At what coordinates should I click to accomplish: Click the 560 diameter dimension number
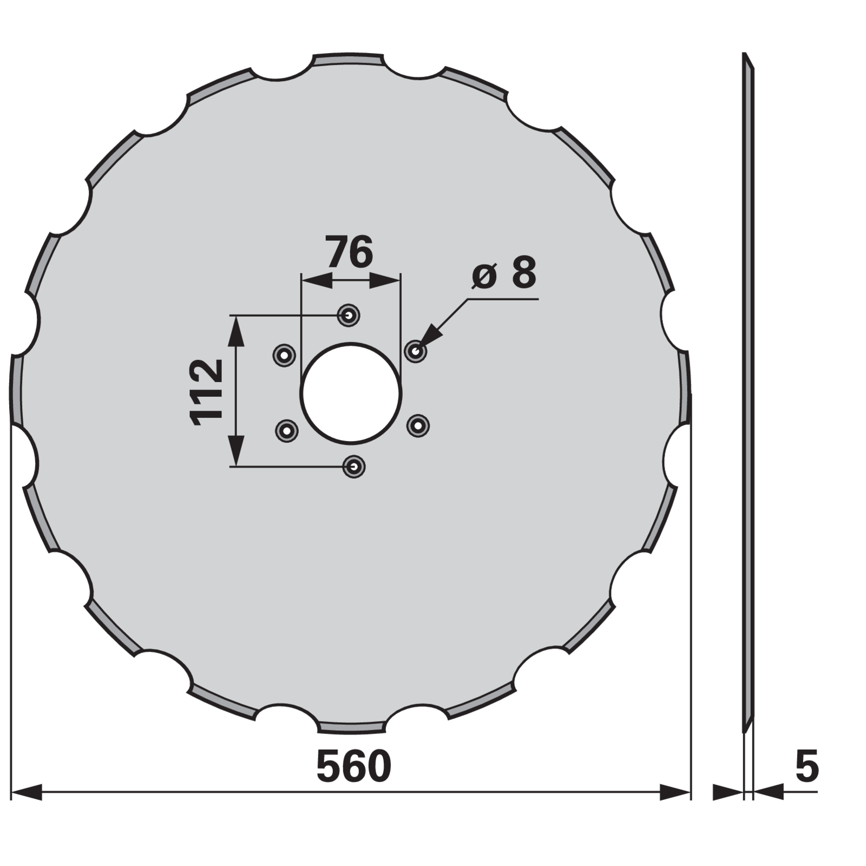[x=353, y=766]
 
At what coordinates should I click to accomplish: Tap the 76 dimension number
[x=350, y=252]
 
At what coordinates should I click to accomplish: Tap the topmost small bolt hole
[x=349, y=314]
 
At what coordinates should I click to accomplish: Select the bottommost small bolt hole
[x=354, y=466]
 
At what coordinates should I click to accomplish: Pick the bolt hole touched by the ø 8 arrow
[x=416, y=351]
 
